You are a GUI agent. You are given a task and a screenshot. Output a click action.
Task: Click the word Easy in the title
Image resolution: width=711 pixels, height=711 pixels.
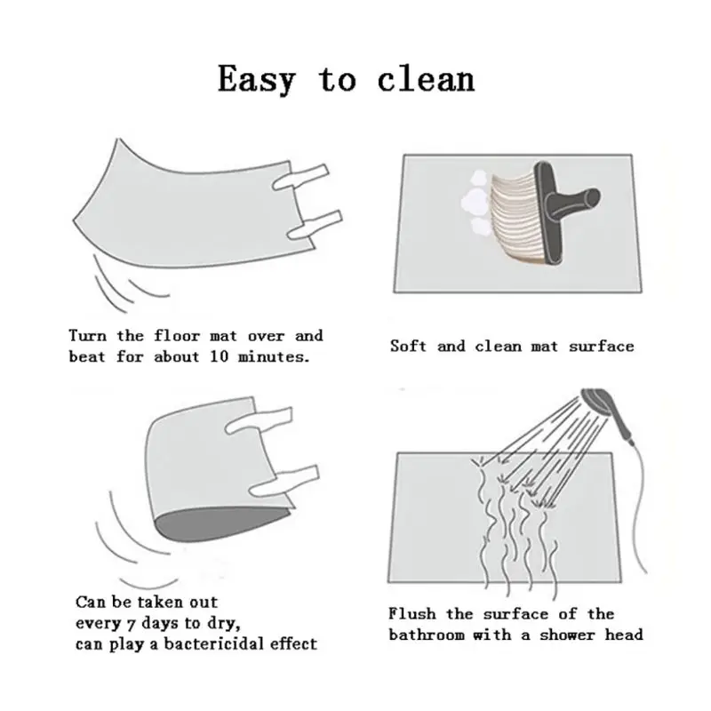[257, 79]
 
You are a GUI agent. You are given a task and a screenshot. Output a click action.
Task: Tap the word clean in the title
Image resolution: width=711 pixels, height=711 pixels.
[426, 79]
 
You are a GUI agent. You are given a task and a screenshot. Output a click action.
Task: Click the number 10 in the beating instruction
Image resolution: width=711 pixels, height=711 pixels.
[220, 356]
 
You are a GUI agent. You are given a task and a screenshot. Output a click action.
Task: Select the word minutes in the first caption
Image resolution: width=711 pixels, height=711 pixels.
[274, 357]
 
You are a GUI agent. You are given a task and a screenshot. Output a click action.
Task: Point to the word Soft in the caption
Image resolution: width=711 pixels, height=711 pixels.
[408, 347]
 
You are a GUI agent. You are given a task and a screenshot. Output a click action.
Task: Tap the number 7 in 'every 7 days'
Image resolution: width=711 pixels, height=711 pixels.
[132, 625]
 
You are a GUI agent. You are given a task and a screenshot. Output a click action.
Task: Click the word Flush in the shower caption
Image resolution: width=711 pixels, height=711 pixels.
[411, 614]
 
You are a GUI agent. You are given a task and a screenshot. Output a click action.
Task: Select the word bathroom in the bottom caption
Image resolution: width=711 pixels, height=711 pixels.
[427, 635]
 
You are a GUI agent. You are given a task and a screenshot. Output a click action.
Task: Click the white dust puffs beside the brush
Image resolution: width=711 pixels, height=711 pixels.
[476, 202]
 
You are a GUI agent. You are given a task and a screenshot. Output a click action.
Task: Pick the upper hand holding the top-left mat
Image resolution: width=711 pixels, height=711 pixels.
[300, 177]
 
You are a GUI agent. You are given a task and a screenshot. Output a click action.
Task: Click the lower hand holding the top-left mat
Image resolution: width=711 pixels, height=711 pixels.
[315, 226]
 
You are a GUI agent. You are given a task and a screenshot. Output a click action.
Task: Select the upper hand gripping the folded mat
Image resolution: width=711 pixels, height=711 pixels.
[259, 420]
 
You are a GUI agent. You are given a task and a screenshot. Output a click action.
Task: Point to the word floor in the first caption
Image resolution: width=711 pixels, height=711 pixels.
[177, 336]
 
